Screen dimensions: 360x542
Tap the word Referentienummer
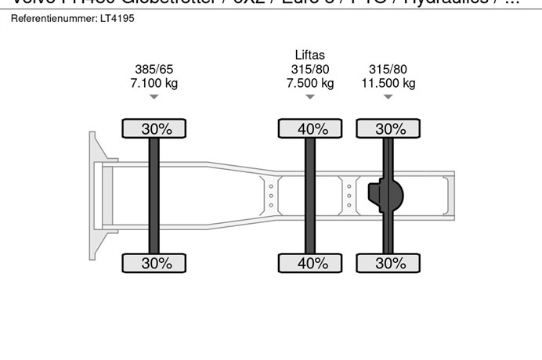pos(49,17)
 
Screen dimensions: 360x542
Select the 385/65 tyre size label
pos(154,69)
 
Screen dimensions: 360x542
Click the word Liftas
pos(310,55)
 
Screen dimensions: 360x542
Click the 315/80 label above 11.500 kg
pos(388,69)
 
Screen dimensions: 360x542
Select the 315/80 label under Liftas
pos(310,69)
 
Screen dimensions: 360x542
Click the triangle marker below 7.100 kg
pos(154,97)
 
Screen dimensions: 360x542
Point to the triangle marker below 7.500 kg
pos(310,97)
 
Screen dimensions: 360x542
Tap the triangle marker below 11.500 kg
pos(388,97)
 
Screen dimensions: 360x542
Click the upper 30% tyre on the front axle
pos(154,129)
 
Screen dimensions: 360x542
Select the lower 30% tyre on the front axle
pos(154,264)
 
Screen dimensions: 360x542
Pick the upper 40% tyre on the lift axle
pos(310,129)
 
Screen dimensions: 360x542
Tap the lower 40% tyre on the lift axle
pos(310,264)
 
